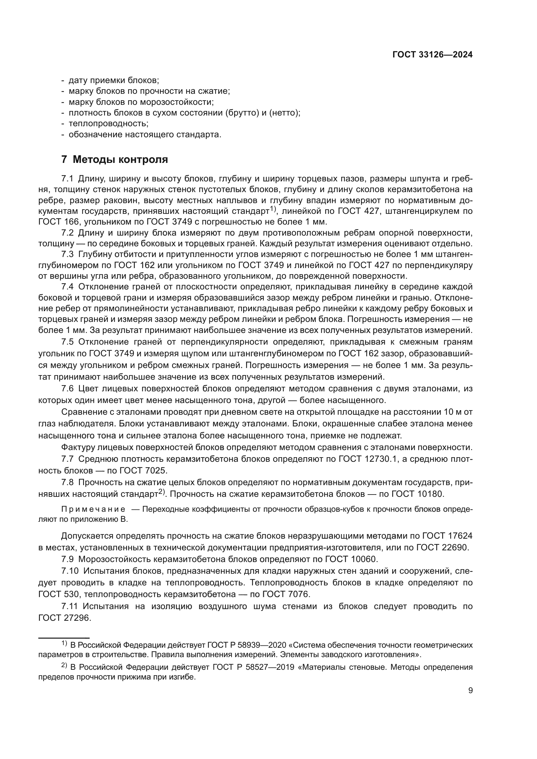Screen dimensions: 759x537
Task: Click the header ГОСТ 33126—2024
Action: (x=432, y=55)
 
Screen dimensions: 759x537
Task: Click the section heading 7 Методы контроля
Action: (x=114, y=159)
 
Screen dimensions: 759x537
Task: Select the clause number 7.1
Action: (x=67, y=179)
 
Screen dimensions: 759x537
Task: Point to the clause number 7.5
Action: (x=67, y=341)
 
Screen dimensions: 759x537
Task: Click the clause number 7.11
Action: (x=69, y=606)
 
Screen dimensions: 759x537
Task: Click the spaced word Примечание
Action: (x=93, y=509)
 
